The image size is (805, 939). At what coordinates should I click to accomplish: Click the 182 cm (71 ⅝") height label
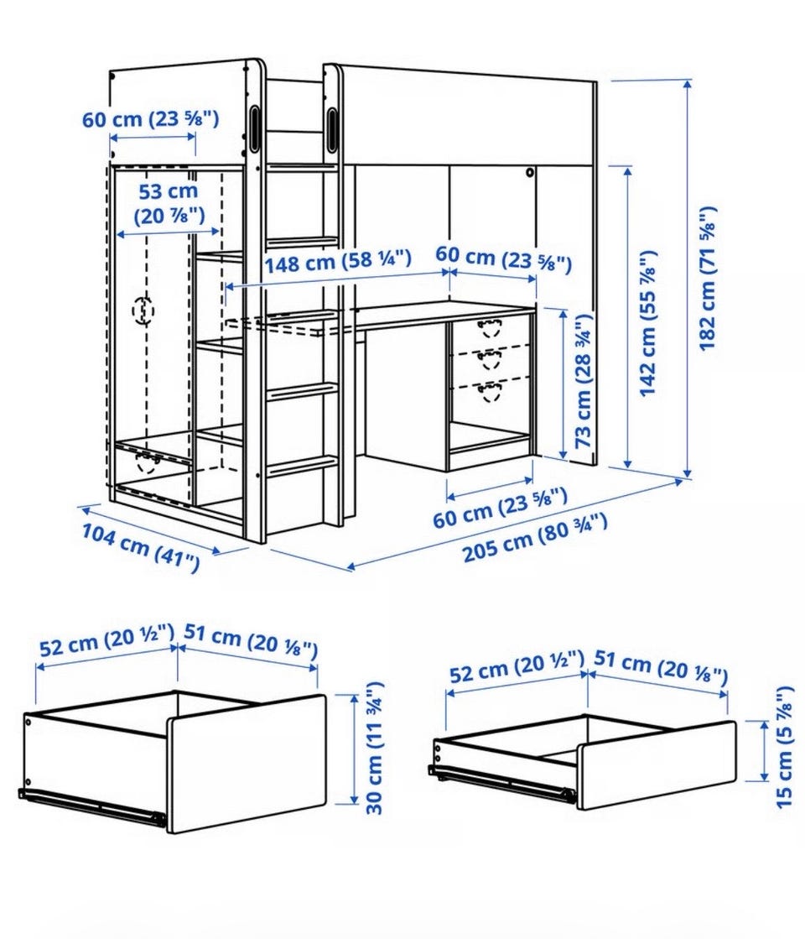click(x=707, y=279)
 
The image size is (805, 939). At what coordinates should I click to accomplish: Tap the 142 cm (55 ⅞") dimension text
click(x=648, y=323)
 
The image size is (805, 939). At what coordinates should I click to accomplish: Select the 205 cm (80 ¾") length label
click(x=535, y=537)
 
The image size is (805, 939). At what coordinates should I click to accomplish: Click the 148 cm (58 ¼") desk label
click(x=338, y=262)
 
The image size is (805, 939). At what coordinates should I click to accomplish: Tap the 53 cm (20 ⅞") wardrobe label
click(x=169, y=203)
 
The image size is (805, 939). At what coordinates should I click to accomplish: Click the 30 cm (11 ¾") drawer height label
click(x=374, y=748)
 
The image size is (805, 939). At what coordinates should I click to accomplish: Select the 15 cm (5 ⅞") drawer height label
click(x=784, y=748)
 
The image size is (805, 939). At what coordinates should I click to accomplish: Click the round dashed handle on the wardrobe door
click(x=143, y=310)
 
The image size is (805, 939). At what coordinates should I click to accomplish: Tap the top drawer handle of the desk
click(x=490, y=327)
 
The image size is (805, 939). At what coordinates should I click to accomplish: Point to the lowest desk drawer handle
click(x=490, y=393)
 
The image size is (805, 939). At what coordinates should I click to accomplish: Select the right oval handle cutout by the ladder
click(x=331, y=128)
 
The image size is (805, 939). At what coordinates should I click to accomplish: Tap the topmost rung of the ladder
click(x=301, y=167)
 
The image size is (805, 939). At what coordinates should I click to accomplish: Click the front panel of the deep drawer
click(x=246, y=764)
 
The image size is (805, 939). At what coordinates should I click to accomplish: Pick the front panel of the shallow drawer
click(x=657, y=766)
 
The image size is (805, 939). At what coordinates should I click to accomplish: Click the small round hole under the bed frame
click(x=529, y=173)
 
